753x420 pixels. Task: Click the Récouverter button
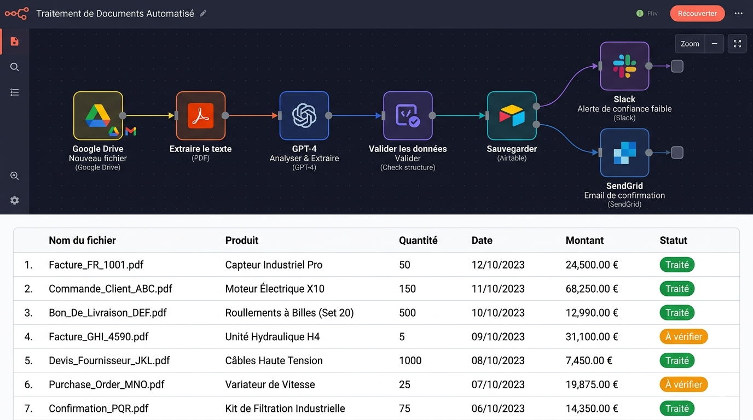point(697,14)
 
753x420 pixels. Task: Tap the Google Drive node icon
point(98,115)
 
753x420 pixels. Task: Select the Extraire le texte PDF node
point(201,115)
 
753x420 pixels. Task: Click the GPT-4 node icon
point(304,115)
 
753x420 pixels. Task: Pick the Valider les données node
point(408,115)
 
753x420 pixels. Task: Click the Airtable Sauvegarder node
point(512,115)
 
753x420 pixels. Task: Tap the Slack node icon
point(624,66)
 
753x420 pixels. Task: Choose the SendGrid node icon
point(624,153)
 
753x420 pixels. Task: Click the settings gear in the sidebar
point(14,200)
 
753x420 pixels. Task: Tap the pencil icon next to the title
point(203,14)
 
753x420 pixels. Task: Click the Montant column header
point(584,240)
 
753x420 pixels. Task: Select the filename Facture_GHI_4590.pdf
point(99,337)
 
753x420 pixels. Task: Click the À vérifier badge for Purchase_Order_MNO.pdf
point(684,384)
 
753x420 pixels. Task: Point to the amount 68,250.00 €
point(592,289)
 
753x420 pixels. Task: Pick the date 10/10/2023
point(498,313)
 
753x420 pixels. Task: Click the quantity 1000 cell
point(410,360)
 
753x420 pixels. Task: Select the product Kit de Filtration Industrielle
point(285,409)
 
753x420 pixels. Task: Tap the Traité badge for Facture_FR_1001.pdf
point(677,265)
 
